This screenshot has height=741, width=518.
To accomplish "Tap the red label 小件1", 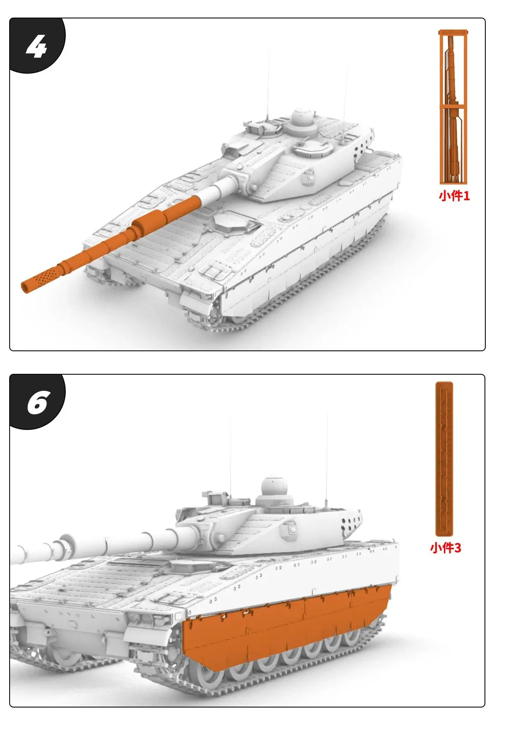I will point(454,196).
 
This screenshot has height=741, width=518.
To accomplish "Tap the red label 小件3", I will point(445,548).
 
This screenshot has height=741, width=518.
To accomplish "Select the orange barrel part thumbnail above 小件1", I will point(453,107).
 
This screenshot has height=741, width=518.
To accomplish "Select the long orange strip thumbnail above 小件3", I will point(444,458).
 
